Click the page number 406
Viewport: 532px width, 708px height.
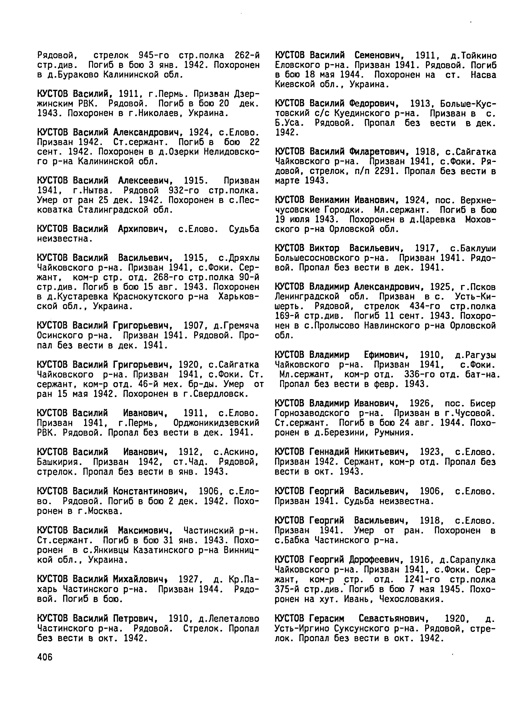pos(45,657)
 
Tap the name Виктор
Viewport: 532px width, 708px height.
pos(324,249)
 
